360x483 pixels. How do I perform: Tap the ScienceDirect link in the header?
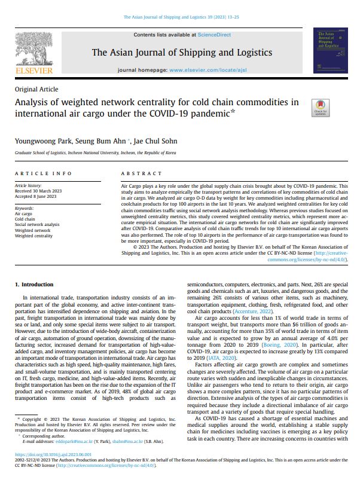click(x=214, y=35)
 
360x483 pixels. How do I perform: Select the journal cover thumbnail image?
click(x=330, y=50)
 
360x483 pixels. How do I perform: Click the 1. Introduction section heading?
click(x=34, y=285)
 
